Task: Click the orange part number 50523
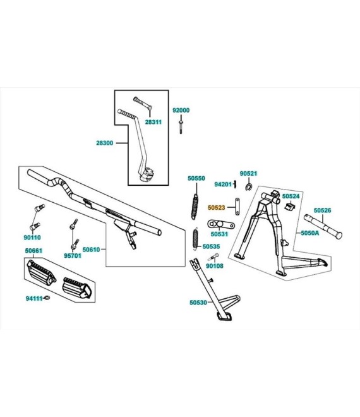coord(216,207)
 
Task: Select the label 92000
coord(181,110)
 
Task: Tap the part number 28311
coord(153,122)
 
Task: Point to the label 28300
coord(104,143)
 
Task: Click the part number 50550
coord(196,178)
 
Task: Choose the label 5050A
coord(310,233)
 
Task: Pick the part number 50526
coord(323,210)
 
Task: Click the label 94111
coord(34,298)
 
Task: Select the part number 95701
coord(73,256)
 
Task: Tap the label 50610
coord(91,250)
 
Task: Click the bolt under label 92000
coord(181,127)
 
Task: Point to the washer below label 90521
coord(249,187)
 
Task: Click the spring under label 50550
coord(195,207)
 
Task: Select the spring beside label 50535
coord(196,239)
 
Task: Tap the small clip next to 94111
coord(47,298)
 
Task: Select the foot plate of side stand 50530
coord(224,317)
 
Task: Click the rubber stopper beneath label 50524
coord(289,206)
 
